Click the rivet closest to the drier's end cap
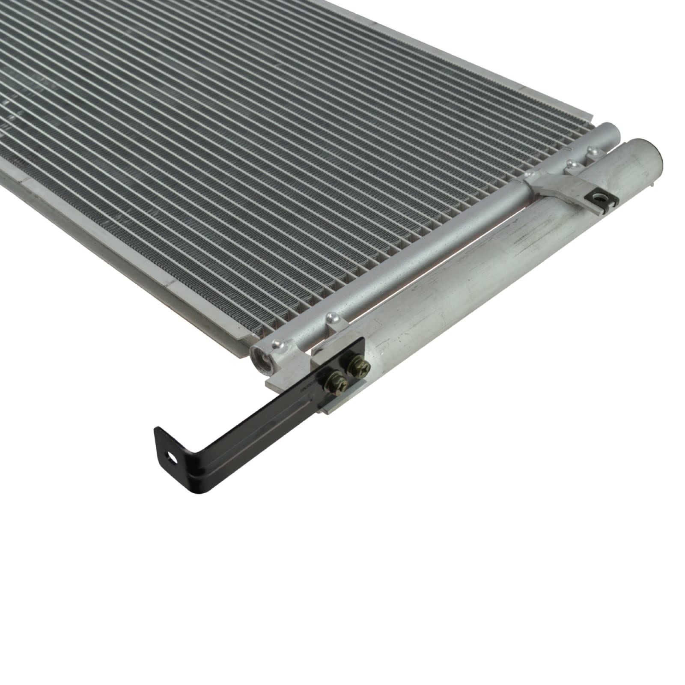tap(593, 150)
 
